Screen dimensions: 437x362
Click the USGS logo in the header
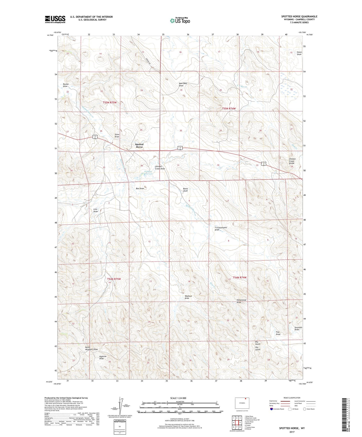click(55, 19)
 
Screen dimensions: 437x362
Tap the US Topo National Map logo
click(180, 20)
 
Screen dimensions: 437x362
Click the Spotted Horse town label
click(139, 146)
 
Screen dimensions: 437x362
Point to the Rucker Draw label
click(66, 85)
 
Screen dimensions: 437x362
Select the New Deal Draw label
click(183, 84)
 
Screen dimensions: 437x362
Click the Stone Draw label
click(299, 53)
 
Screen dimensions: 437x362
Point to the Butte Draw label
click(185, 190)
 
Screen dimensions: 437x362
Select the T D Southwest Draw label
click(221, 229)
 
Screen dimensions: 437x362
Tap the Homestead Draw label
click(242, 301)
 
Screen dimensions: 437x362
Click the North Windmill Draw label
click(91, 348)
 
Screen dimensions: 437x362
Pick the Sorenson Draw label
click(298, 328)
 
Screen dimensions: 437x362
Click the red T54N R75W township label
click(114, 279)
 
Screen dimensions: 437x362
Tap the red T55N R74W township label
click(229, 109)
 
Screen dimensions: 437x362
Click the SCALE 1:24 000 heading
click(178, 398)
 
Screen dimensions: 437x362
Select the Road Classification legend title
click(292, 398)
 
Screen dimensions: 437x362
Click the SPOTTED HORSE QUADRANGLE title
click(299, 17)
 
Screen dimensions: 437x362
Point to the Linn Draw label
click(95, 210)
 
